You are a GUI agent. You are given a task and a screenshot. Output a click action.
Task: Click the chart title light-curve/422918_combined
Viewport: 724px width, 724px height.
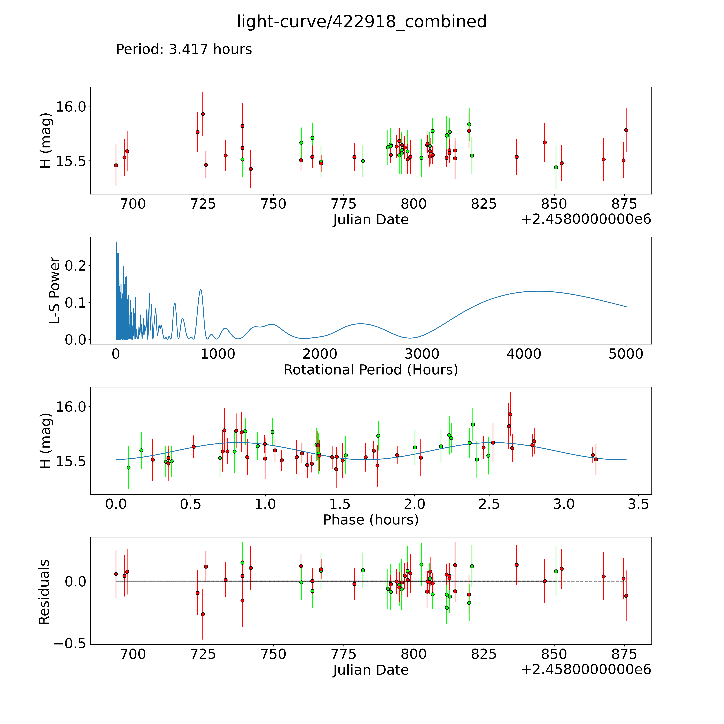[x=362, y=22]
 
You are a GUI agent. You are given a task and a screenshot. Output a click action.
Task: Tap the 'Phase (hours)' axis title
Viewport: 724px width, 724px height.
[x=371, y=520]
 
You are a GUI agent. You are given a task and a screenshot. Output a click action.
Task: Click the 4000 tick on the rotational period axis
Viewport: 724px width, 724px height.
[x=524, y=354]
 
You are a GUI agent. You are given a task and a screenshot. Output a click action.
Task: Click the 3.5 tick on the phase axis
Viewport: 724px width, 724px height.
[x=638, y=504]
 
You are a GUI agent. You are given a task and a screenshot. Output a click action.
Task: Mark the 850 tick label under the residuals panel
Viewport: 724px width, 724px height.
[x=554, y=654]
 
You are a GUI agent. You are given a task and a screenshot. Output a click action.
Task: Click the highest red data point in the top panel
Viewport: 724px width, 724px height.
[x=203, y=114]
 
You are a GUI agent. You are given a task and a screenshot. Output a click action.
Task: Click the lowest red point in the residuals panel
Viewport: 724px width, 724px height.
[x=203, y=614]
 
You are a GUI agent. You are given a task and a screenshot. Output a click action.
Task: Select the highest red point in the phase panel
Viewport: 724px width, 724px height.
[x=510, y=414]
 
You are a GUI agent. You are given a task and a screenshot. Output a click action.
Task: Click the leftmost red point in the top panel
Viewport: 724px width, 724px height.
[x=116, y=165]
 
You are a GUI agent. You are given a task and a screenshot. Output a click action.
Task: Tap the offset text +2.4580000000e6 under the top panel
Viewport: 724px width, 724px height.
[x=586, y=219]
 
